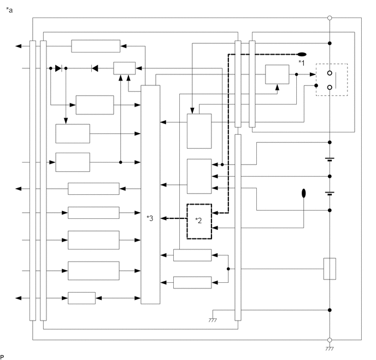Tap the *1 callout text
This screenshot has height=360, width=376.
click(x=301, y=63)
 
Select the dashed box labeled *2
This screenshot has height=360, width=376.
click(x=199, y=221)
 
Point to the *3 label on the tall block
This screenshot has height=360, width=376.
click(x=150, y=218)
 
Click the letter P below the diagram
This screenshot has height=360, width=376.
click(x=2, y=356)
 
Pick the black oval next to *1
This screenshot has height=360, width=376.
click(x=301, y=54)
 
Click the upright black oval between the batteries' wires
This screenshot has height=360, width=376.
click(x=304, y=193)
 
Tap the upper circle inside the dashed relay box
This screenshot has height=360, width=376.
click(x=330, y=73)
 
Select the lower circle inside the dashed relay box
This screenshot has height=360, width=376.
click(x=330, y=87)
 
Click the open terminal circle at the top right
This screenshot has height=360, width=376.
click(x=329, y=18)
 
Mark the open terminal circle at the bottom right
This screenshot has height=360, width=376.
click(x=329, y=340)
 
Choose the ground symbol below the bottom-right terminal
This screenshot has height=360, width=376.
click(x=329, y=349)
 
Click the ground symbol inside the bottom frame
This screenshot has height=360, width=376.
click(x=213, y=319)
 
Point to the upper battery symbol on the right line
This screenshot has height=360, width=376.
click(x=329, y=160)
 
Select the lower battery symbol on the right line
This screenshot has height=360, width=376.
click(x=329, y=193)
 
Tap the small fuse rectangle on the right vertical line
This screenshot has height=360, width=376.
click(x=329, y=269)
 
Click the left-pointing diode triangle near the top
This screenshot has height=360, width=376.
click(x=95, y=68)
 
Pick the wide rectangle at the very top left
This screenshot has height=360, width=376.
click(x=96, y=46)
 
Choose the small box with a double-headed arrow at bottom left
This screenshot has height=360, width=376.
click(x=81, y=298)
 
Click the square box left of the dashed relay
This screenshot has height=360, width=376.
click(x=277, y=74)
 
